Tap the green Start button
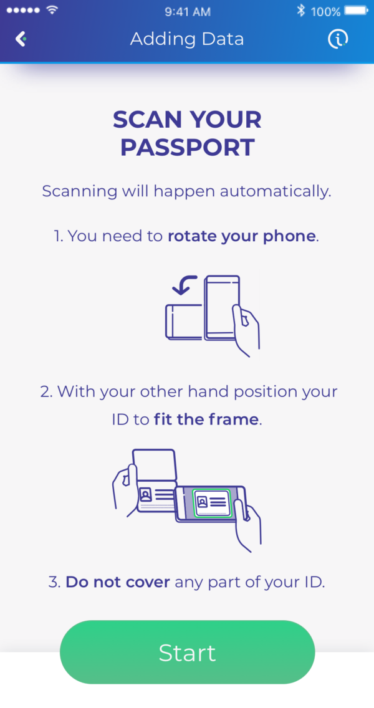click(x=187, y=652)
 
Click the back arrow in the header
click(x=21, y=39)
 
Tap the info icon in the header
click(x=338, y=39)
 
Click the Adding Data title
click(x=187, y=39)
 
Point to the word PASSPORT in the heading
click(x=187, y=148)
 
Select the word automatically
click(x=284, y=191)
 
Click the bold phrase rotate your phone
click(x=242, y=237)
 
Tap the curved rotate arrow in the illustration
click(x=186, y=285)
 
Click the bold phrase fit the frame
click(x=206, y=419)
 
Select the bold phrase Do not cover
click(x=118, y=582)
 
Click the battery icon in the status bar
click(x=356, y=11)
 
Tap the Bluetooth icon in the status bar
click(x=300, y=11)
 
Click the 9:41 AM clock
click(x=186, y=11)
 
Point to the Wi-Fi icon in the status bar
click(x=52, y=11)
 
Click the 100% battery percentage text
click(x=325, y=11)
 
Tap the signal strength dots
click(x=22, y=11)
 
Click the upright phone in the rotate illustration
click(x=221, y=308)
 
